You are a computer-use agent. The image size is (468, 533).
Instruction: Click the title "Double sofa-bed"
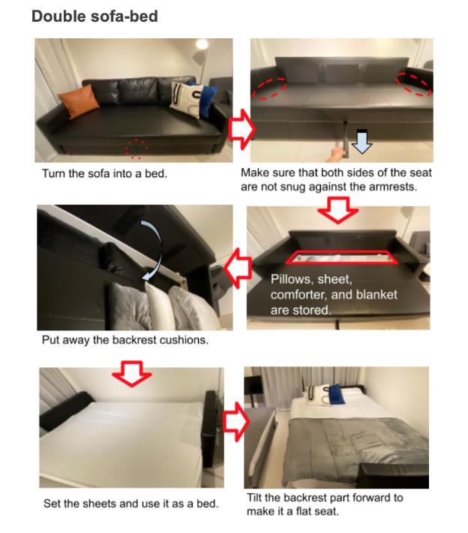pos(94,17)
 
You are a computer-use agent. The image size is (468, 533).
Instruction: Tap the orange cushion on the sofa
pos(79,101)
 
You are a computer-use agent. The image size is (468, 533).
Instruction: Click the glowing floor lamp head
pos(202,44)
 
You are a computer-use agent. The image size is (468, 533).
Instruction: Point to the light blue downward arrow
pos(361,141)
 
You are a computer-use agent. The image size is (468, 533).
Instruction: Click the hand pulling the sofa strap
pos(335,154)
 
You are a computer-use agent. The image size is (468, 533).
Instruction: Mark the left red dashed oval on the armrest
pos(269,87)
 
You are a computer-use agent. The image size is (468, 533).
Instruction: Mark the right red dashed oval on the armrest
pos(415,83)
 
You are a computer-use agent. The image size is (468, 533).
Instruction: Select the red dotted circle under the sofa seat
pos(136,149)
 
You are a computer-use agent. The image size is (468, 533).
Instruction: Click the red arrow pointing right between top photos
pos(241,129)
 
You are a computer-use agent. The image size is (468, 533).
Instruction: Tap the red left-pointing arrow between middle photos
pos(238,268)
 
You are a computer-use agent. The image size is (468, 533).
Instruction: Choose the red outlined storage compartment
pos(342,257)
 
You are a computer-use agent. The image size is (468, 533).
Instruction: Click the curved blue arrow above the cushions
pos(155,245)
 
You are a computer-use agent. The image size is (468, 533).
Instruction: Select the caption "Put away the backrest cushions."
pos(125,340)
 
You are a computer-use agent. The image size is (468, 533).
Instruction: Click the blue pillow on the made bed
pos(336,394)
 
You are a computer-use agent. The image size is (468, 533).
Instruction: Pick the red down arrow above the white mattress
pos(132,373)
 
